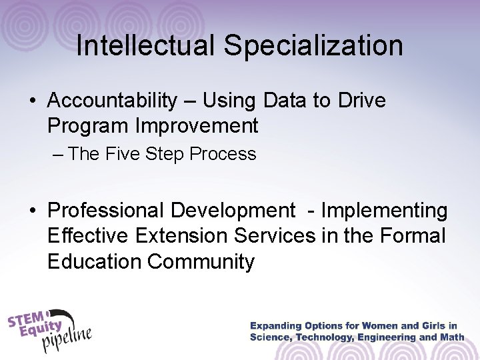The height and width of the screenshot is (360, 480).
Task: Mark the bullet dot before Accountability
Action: point(33,101)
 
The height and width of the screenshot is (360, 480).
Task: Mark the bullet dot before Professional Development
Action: point(33,212)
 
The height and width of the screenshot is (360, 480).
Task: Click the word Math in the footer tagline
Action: point(449,337)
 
